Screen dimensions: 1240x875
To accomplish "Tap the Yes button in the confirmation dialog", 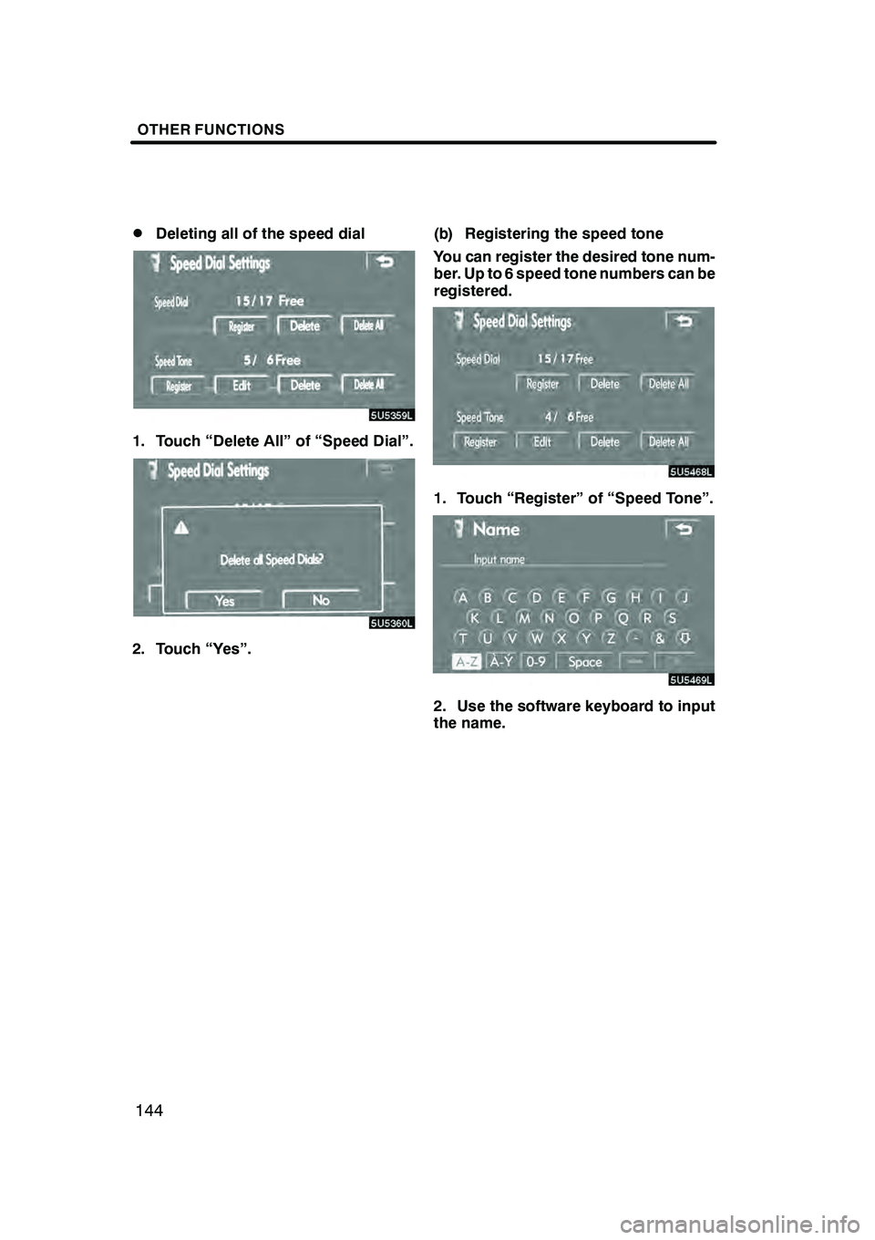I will pyautogui.click(x=224, y=601).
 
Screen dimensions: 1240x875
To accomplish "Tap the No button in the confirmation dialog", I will pyautogui.click(x=321, y=601).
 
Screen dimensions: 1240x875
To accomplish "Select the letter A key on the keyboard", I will pyautogui.click(x=463, y=598).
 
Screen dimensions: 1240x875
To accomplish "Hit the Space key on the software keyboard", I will pyautogui.click(x=584, y=662).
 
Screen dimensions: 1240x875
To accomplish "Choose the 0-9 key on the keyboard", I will pyautogui.click(x=536, y=662).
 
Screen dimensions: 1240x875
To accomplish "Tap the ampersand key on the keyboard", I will pyautogui.click(x=659, y=639).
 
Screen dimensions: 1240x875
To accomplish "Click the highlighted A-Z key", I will pyautogui.click(x=467, y=662).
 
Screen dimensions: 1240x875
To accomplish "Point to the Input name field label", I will pyautogui.click(x=499, y=559).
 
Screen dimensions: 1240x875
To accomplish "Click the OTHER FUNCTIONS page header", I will pyautogui.click(x=211, y=129).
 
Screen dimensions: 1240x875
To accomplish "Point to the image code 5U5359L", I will pyautogui.click(x=393, y=415).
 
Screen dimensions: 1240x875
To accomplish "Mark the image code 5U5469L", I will pyautogui.click(x=692, y=679).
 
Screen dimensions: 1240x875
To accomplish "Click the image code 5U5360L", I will pyautogui.click(x=393, y=623).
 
